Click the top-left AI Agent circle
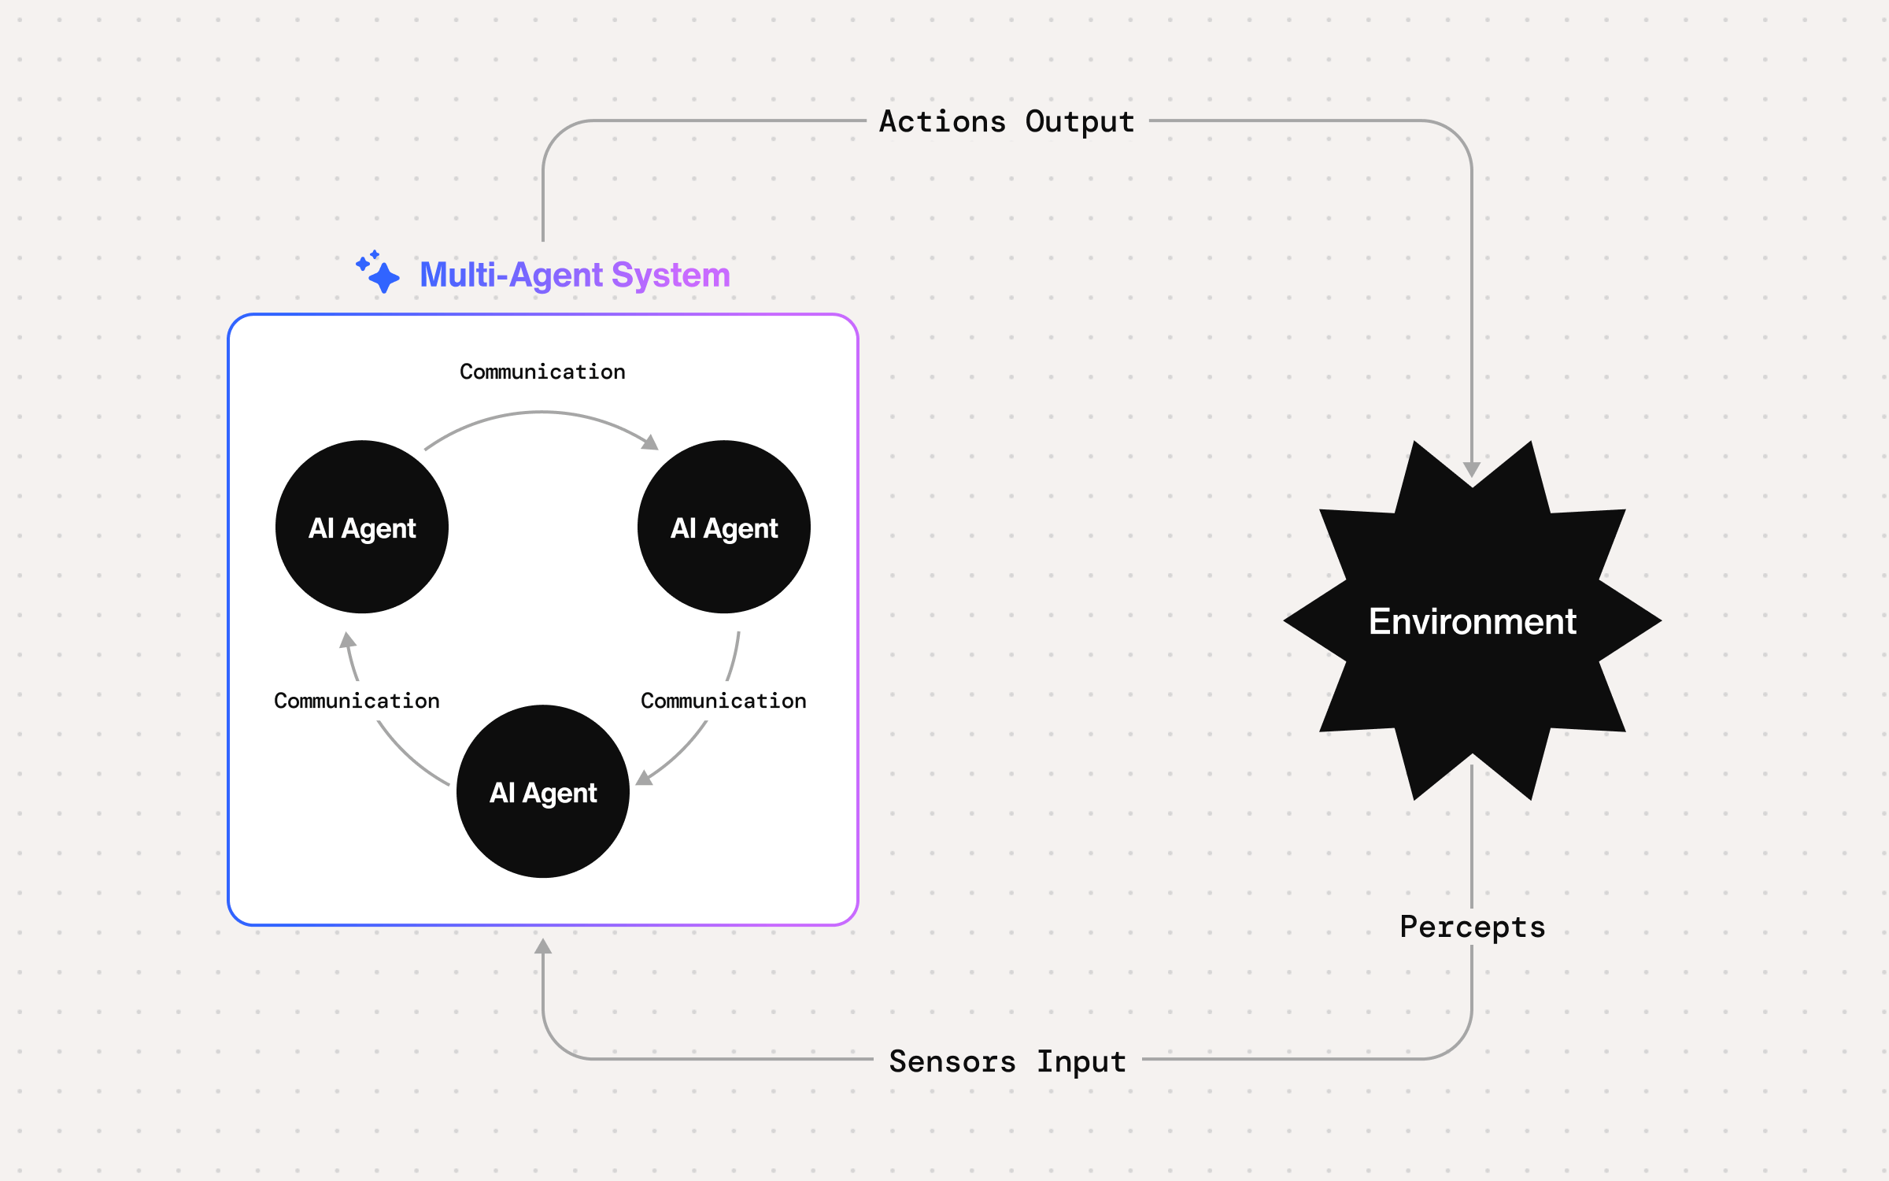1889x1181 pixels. (x=362, y=527)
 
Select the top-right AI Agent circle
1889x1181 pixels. (x=723, y=527)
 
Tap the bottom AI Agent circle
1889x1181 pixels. (x=543, y=791)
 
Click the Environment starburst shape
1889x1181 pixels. (x=1472, y=620)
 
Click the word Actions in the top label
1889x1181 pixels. (x=942, y=122)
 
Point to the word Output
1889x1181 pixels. (x=1080, y=122)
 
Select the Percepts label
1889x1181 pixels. (x=1472, y=927)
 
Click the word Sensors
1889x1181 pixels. (x=952, y=1061)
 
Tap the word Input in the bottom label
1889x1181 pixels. (x=1081, y=1061)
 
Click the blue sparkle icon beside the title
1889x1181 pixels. (x=379, y=272)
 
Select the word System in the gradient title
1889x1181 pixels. (x=671, y=275)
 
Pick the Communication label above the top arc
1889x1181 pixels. (x=542, y=372)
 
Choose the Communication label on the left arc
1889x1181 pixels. (x=357, y=701)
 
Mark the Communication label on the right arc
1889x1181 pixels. (x=723, y=701)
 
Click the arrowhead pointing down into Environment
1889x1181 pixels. (x=1472, y=469)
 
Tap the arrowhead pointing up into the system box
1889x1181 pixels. (x=543, y=946)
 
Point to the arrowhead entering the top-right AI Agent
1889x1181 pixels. (x=650, y=442)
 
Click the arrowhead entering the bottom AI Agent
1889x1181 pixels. (x=644, y=778)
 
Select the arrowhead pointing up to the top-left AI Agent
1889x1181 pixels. (x=347, y=639)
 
